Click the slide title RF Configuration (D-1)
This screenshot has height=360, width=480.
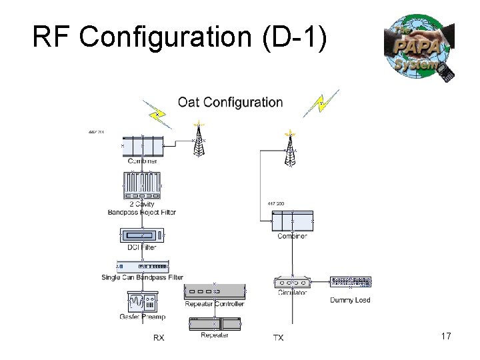179,38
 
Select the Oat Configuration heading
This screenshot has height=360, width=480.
230,102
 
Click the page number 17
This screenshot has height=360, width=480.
446,337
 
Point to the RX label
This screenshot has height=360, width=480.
159,338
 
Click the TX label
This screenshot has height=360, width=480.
278,338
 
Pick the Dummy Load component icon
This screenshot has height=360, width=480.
350,282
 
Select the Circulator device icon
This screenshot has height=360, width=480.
292,283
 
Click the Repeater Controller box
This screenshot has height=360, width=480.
214,291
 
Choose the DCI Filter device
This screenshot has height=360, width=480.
142,236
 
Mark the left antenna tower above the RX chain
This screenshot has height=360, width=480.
198,139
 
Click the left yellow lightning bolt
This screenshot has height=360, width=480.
157,114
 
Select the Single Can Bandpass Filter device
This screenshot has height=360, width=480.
143,267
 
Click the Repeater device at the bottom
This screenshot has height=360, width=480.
215,324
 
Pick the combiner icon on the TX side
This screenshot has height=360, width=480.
292,221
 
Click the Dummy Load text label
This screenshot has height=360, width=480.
350,300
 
